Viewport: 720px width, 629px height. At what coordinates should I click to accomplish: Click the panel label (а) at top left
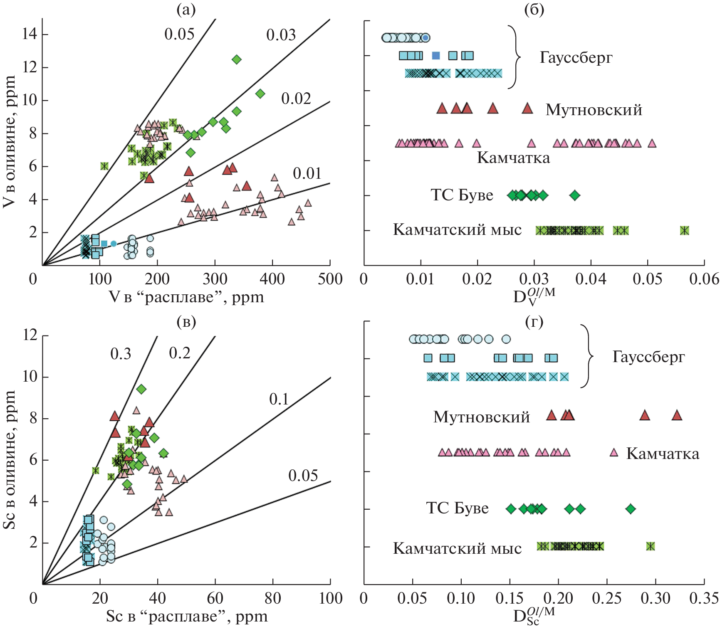point(186,10)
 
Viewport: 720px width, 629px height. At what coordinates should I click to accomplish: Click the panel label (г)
point(534,322)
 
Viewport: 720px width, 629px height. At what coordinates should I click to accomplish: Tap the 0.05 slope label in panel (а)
point(179,35)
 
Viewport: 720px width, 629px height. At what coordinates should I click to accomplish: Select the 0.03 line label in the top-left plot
point(281,35)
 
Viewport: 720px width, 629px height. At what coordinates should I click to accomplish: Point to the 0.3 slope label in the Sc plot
point(121,354)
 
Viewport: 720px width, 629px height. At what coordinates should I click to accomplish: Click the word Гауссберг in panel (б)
point(576,57)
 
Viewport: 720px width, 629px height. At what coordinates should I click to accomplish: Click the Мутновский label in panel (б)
point(594,110)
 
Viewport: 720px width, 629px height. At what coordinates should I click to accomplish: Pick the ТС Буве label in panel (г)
point(457,508)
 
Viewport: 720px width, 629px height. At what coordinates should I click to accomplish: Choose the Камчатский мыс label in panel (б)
point(457,229)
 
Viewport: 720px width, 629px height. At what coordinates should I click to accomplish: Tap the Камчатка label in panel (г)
point(663,454)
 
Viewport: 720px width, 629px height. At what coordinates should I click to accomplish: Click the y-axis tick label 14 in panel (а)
point(30,34)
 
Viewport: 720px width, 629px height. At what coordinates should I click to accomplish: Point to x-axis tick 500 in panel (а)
point(330,279)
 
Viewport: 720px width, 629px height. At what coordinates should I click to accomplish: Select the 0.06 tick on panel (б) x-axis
point(704,279)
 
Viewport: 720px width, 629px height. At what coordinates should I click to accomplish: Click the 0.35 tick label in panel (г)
point(704,598)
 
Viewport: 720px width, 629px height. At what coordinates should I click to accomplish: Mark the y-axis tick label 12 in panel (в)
point(30,335)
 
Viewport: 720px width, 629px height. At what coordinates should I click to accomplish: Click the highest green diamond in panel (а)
point(236,59)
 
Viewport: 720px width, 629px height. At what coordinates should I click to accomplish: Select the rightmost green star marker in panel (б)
point(684,230)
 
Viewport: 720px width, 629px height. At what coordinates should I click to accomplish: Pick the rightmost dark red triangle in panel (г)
point(677,415)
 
